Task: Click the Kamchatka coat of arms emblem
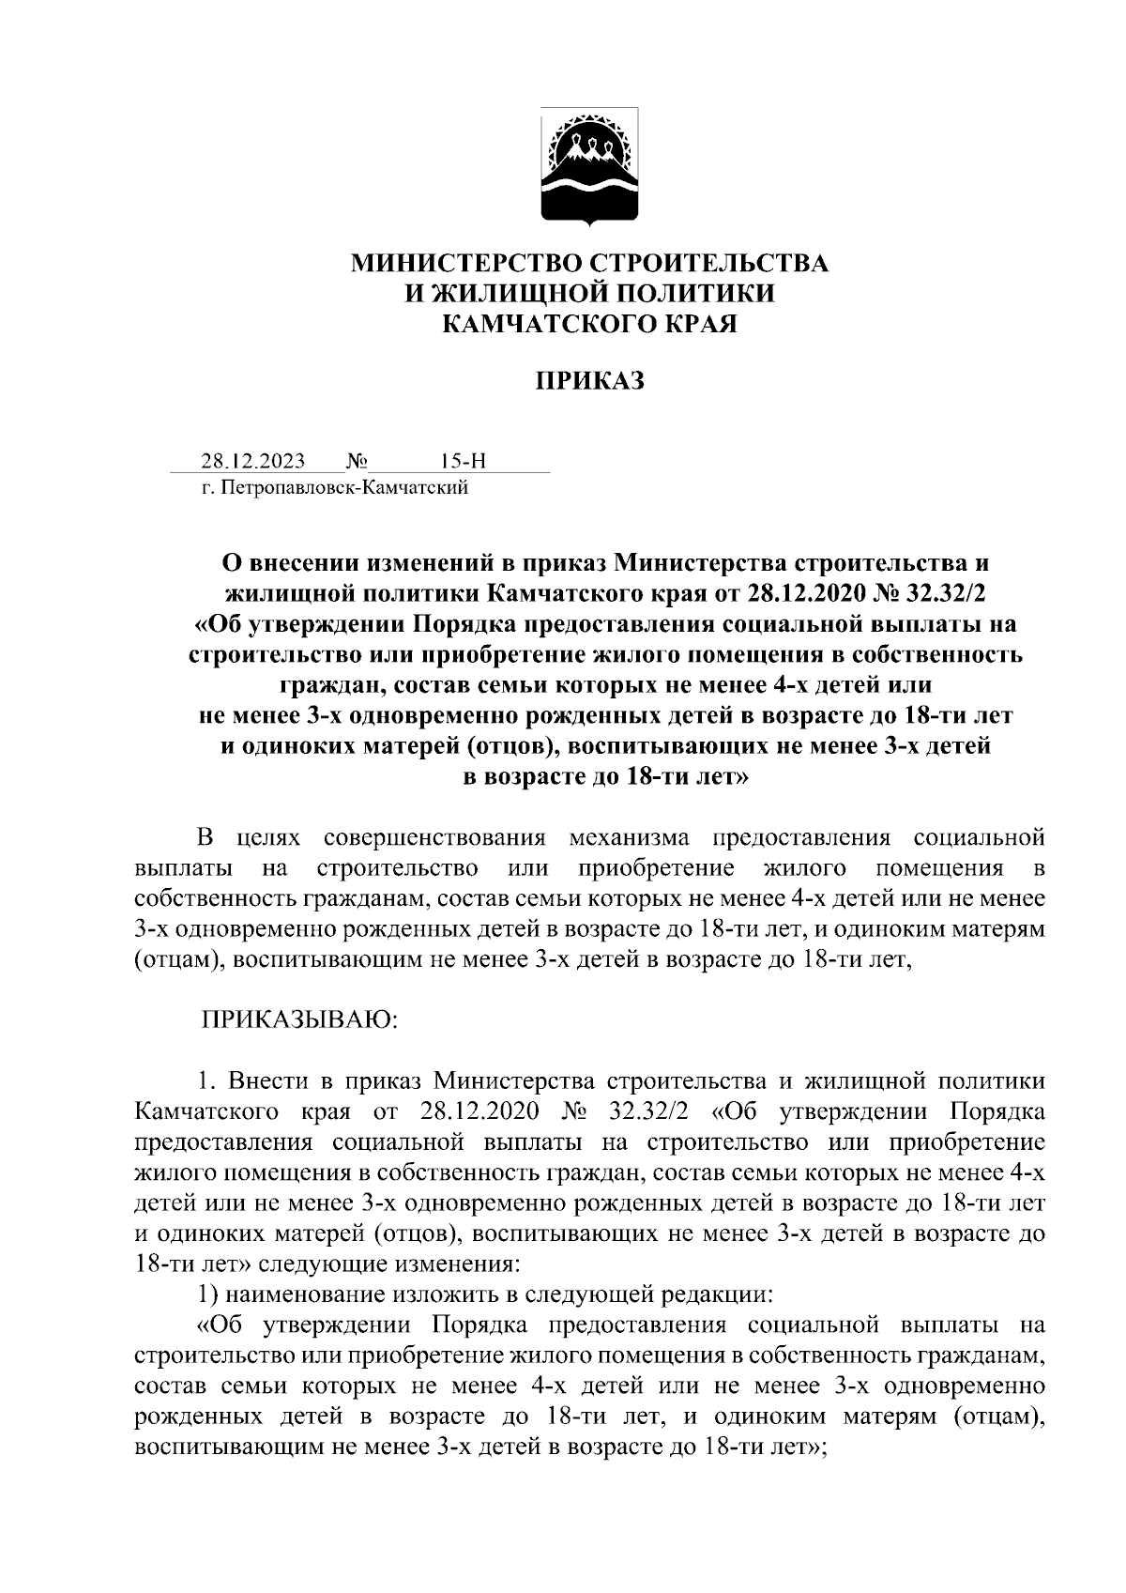[x=589, y=168]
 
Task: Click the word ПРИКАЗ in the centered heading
[x=589, y=381]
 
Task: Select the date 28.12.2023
[x=252, y=461]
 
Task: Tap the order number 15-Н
[x=463, y=461]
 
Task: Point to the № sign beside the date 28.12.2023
[x=356, y=461]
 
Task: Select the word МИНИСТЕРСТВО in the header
[x=457, y=263]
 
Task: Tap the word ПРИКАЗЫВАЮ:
[x=299, y=1019]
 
